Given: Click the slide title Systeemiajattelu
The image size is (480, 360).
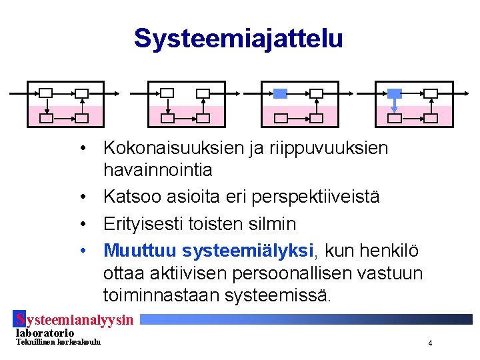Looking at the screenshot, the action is (238, 38).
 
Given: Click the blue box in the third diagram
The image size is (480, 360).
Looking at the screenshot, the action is (281, 93).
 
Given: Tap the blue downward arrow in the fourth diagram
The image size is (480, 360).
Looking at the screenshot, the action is (395, 105).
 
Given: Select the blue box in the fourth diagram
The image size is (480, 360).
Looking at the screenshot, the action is (395, 93).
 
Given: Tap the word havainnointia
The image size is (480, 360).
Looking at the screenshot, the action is (158, 170).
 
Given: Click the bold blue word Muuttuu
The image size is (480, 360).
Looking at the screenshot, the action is (141, 251).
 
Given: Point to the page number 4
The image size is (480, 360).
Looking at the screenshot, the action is (430, 343).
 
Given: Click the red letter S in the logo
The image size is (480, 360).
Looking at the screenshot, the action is (20, 320).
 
